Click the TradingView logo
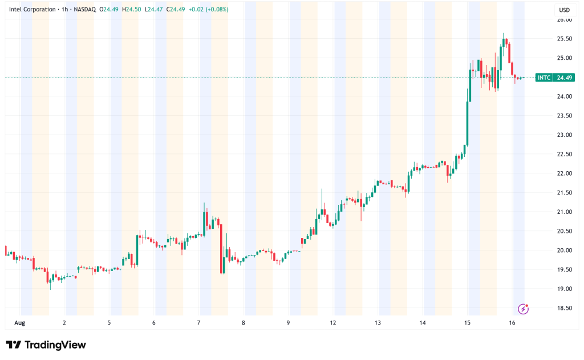(x=46, y=345)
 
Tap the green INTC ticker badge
(x=544, y=78)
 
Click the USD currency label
(x=564, y=10)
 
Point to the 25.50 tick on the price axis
(x=564, y=39)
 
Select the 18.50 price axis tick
(x=564, y=308)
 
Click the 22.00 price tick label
(x=564, y=173)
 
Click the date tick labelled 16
(x=512, y=323)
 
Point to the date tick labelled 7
(x=198, y=323)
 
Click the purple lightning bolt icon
(x=523, y=309)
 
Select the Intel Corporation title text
(x=33, y=9)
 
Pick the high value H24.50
(x=134, y=9)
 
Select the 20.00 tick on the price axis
(x=564, y=250)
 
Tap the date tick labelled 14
(x=422, y=323)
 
